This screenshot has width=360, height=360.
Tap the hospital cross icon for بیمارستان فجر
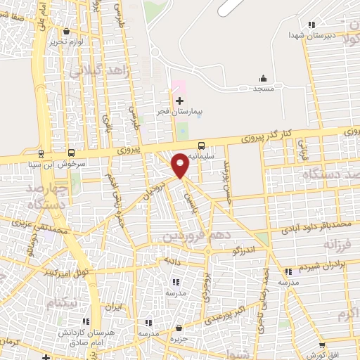pyautogui.click(x=179, y=101)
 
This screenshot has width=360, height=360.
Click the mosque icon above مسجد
pyautogui.click(x=263, y=78)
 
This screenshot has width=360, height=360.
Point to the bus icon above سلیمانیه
pyautogui.click(x=202, y=145)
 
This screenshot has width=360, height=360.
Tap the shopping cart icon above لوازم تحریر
pyautogui.click(x=67, y=31)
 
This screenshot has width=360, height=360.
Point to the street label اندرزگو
pyautogui.click(x=251, y=250)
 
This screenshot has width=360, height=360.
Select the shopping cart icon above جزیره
pyautogui.click(x=180, y=328)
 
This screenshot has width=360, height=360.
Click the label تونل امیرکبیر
pyautogui.click(x=65, y=270)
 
